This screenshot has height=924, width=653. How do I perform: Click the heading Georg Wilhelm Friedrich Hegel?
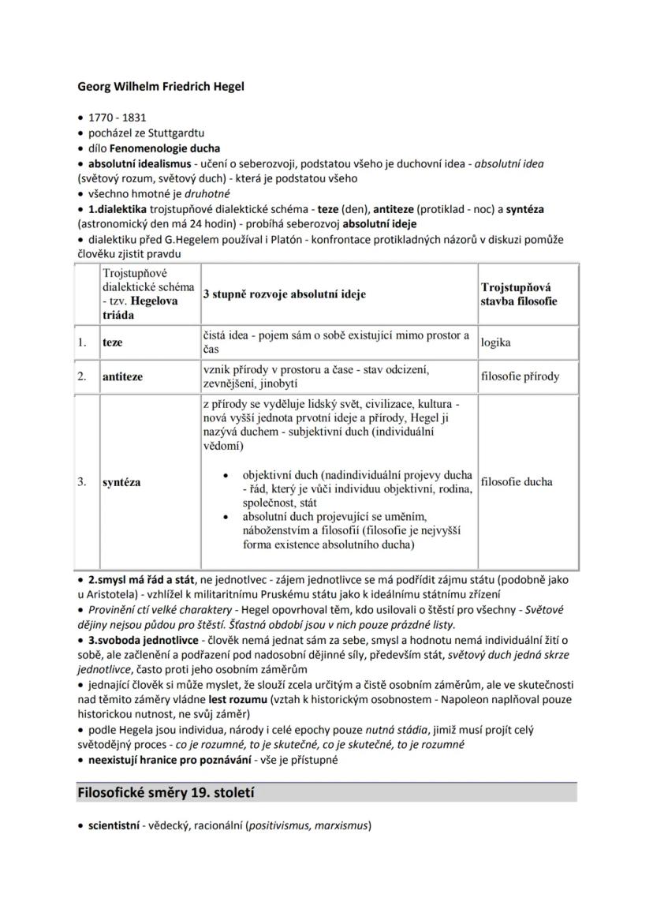160,86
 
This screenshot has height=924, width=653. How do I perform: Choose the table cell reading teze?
114,343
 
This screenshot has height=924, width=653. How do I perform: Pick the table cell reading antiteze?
122,377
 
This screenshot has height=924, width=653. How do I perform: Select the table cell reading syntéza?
121,482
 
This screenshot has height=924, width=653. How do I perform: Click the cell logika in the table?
495,343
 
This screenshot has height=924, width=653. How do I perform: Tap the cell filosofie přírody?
520,376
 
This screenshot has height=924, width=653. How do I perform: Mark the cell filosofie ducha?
516,482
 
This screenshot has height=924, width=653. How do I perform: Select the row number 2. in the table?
82,376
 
